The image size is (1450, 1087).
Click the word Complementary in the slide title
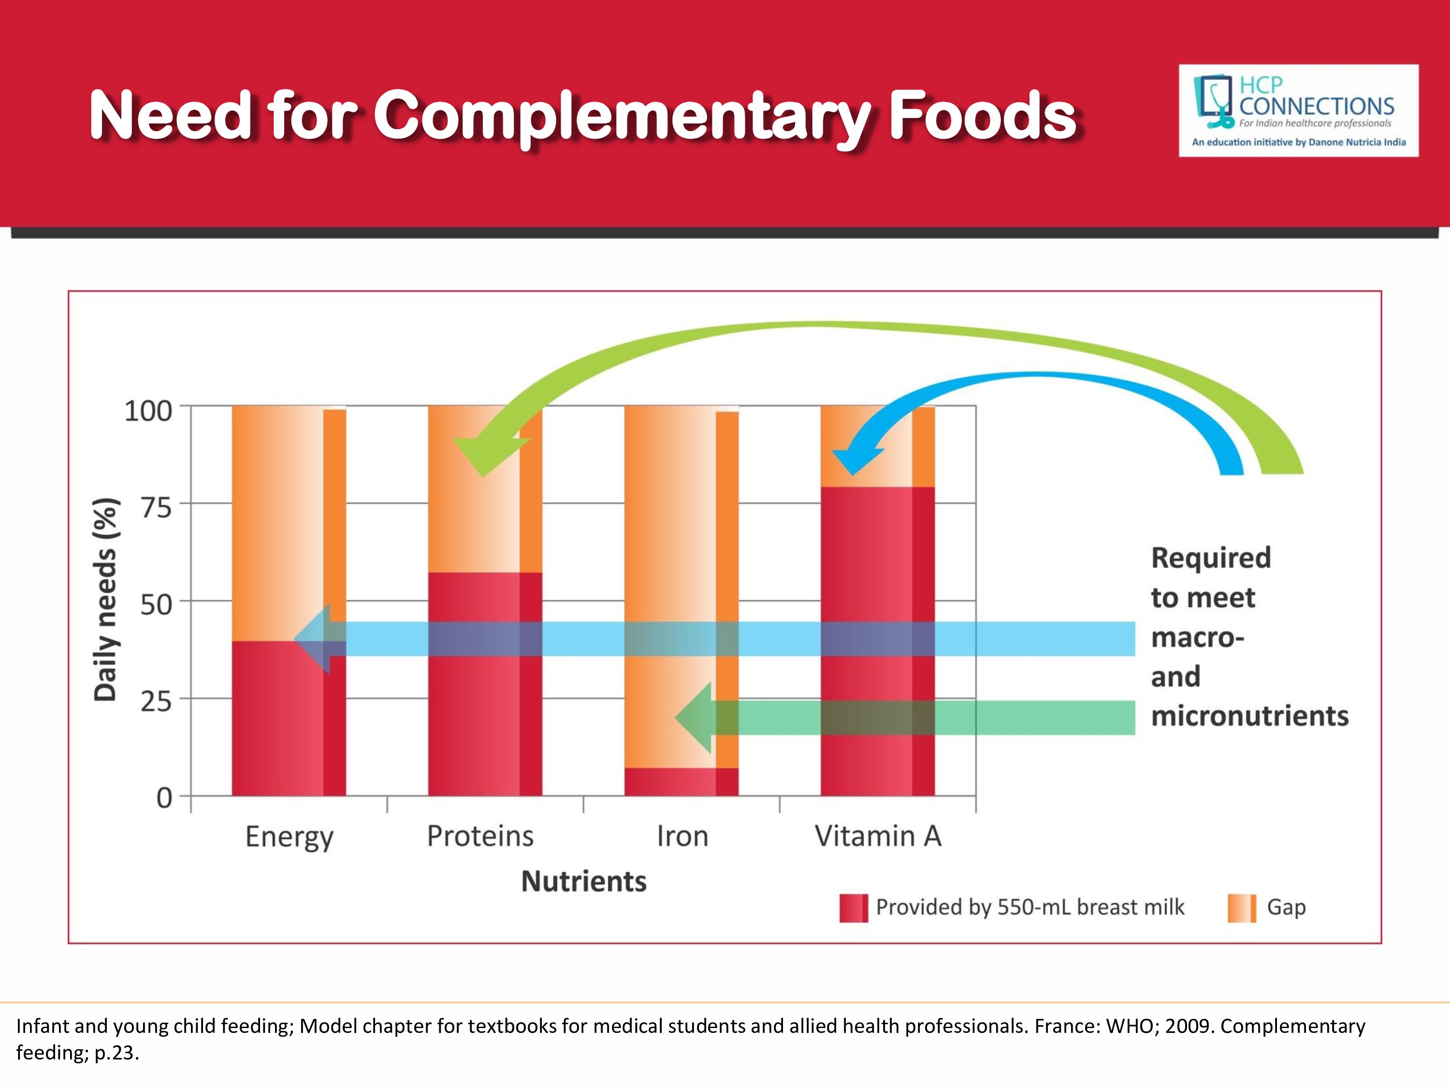[623, 116]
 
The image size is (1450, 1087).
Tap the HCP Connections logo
[1298, 110]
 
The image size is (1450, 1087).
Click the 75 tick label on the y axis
[156, 508]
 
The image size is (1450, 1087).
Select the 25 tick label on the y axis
[156, 702]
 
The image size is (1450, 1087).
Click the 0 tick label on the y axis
[164, 798]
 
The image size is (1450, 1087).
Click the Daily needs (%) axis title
[105, 600]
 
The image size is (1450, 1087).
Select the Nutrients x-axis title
[583, 881]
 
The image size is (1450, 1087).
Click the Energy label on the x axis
[289, 837]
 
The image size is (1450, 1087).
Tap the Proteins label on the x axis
[480, 837]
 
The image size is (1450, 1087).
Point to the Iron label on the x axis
[682, 837]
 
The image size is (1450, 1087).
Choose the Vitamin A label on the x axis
[878, 837]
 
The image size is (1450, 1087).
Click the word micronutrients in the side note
[1249, 716]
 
